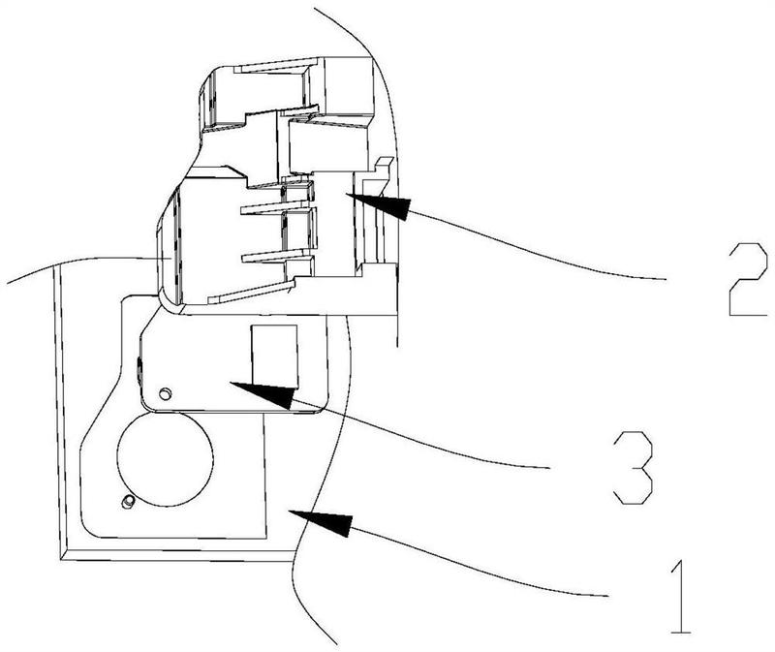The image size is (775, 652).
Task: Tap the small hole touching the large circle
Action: click(x=128, y=501)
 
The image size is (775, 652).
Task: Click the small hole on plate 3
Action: click(x=165, y=392)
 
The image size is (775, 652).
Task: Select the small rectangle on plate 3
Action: click(x=273, y=354)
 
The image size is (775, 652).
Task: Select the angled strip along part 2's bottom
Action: click(x=252, y=293)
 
